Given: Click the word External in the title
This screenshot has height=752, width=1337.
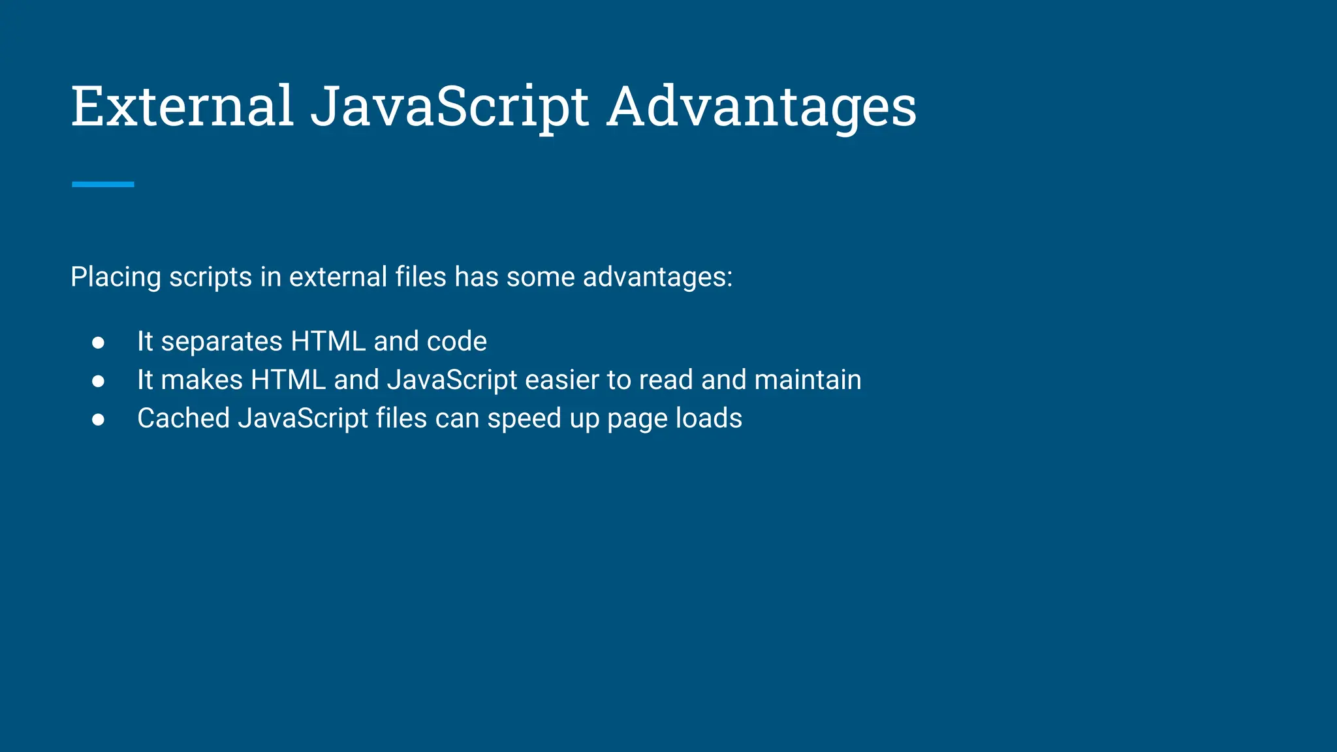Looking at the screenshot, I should (x=181, y=106).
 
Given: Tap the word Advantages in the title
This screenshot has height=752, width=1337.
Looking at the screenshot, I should (x=762, y=107).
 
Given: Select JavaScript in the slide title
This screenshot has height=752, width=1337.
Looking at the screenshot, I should (x=450, y=107).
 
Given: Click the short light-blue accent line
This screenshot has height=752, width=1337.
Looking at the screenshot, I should (x=102, y=185).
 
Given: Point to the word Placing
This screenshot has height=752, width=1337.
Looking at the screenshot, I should (x=116, y=277).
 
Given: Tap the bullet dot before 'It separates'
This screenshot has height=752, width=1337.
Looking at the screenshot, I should (x=99, y=343).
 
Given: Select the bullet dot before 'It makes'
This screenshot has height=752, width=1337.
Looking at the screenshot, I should (x=99, y=381).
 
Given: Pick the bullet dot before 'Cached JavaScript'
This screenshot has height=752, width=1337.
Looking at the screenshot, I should (x=99, y=420).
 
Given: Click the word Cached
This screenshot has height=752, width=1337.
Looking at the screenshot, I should (x=183, y=418).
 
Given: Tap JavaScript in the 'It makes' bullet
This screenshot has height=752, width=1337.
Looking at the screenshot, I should (x=452, y=380).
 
